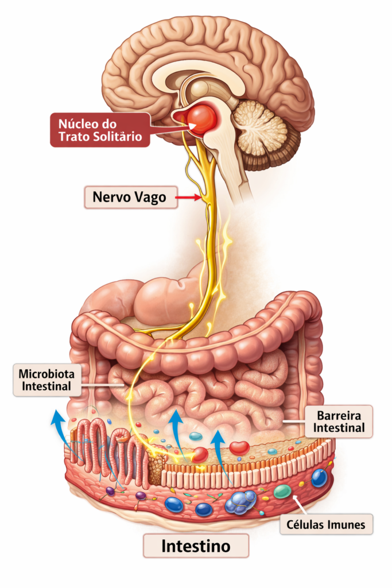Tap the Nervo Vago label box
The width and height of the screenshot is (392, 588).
130,198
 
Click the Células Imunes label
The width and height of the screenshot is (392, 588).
325,524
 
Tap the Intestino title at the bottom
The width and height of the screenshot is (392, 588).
196,546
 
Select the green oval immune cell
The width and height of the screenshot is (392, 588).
282,491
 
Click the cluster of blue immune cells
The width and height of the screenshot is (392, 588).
241,501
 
